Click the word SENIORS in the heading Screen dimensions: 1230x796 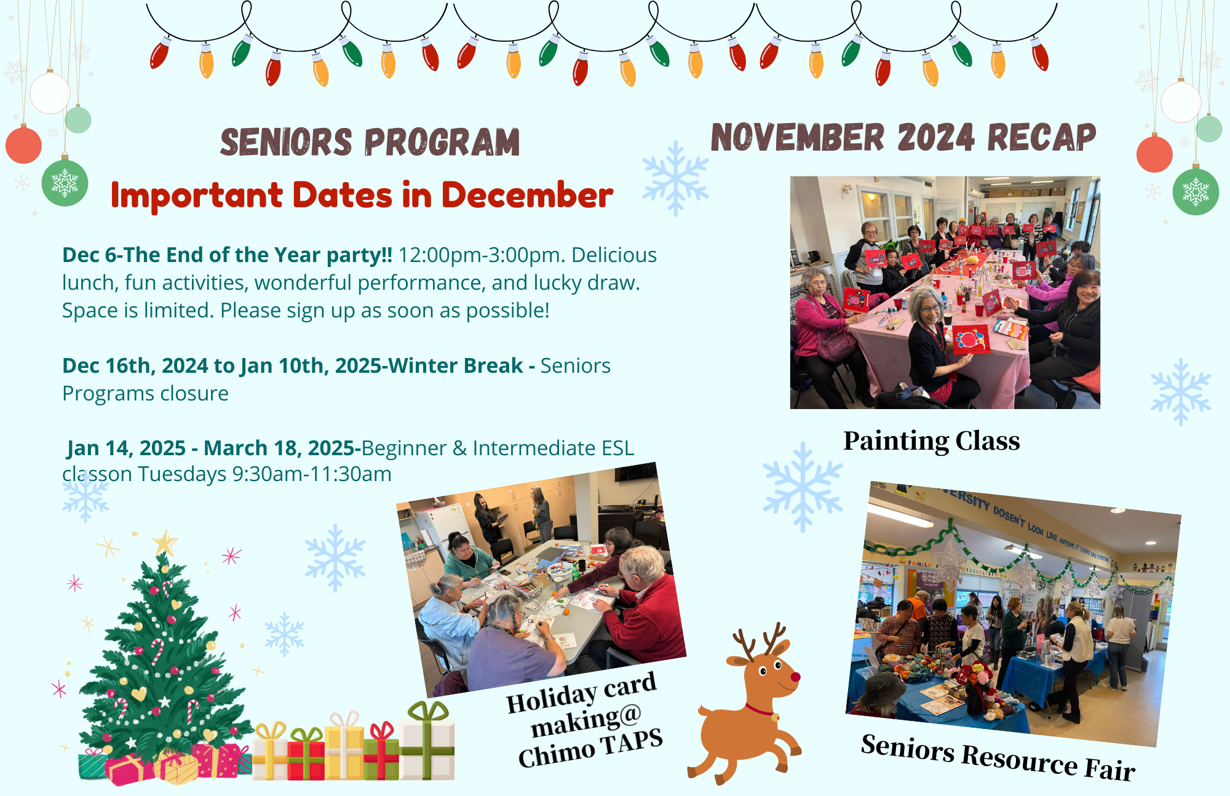[x=286, y=142]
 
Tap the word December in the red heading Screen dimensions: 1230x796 [x=527, y=195]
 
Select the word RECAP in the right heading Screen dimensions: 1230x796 [x=1042, y=137]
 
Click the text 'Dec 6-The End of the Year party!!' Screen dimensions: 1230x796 [x=227, y=255]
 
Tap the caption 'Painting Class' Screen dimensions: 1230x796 [x=931, y=441]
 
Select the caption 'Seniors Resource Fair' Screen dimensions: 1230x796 [x=998, y=757]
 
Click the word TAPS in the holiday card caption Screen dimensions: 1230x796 [x=632, y=741]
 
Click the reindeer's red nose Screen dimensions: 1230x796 [x=795, y=677]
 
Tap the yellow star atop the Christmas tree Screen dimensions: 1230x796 [x=165, y=543]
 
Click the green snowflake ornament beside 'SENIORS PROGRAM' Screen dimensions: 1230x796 [x=65, y=183]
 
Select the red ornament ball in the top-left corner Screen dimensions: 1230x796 [x=23, y=145]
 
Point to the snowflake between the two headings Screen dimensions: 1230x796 [x=675, y=178]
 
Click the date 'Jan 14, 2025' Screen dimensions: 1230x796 [x=126, y=448]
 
